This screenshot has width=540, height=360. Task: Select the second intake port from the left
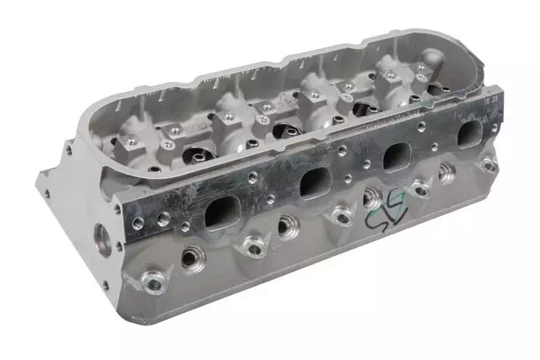(x=313, y=180)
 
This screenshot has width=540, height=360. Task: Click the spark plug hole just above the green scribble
(x=372, y=199)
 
